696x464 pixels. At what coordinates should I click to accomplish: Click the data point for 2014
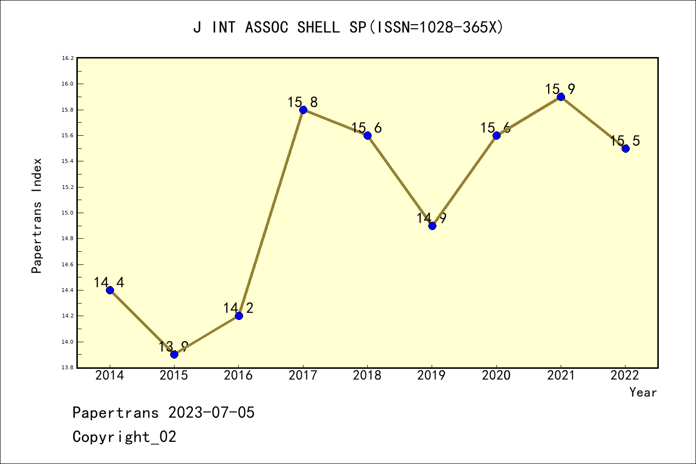point(110,290)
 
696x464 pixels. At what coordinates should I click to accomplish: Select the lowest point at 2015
point(174,354)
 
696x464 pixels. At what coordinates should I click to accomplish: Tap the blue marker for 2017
point(303,110)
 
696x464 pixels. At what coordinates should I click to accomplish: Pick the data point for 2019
point(432,226)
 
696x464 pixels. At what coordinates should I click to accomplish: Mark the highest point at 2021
point(561,97)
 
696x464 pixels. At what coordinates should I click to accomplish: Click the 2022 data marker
point(625,148)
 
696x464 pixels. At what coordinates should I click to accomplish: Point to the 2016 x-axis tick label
point(238,376)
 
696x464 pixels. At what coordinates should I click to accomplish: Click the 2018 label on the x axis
point(367,376)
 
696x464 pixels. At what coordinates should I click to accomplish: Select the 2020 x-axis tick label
point(496,376)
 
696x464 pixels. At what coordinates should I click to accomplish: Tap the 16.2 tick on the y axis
point(68,58)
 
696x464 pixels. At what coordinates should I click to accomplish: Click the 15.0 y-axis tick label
point(68,213)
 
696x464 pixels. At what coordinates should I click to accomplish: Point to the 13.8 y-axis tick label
point(68,368)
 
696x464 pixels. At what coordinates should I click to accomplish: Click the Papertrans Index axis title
point(37,215)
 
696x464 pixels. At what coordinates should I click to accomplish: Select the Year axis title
point(643,392)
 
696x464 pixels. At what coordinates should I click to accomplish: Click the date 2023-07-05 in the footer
point(211,413)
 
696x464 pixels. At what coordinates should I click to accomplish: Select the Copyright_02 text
point(124,437)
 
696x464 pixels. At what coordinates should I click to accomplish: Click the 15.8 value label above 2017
point(303,102)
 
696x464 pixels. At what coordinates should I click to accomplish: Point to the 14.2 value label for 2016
point(238,308)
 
